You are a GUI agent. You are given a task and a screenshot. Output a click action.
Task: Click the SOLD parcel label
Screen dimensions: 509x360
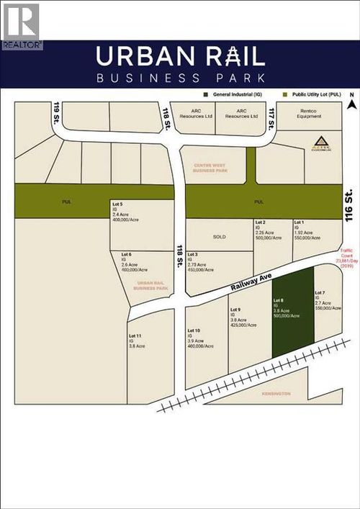click(220, 236)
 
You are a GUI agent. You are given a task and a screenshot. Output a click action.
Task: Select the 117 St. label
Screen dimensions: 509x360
click(271, 114)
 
